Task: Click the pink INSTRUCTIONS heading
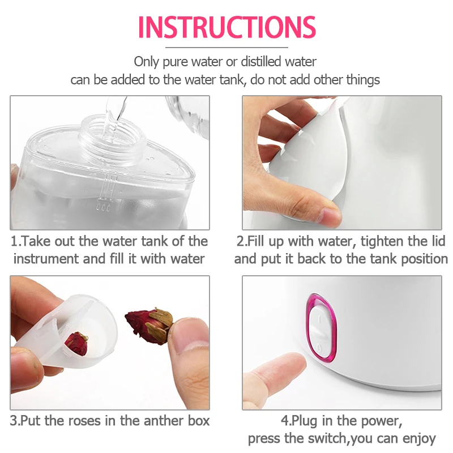click(226, 27)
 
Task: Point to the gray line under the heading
click(226, 47)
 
